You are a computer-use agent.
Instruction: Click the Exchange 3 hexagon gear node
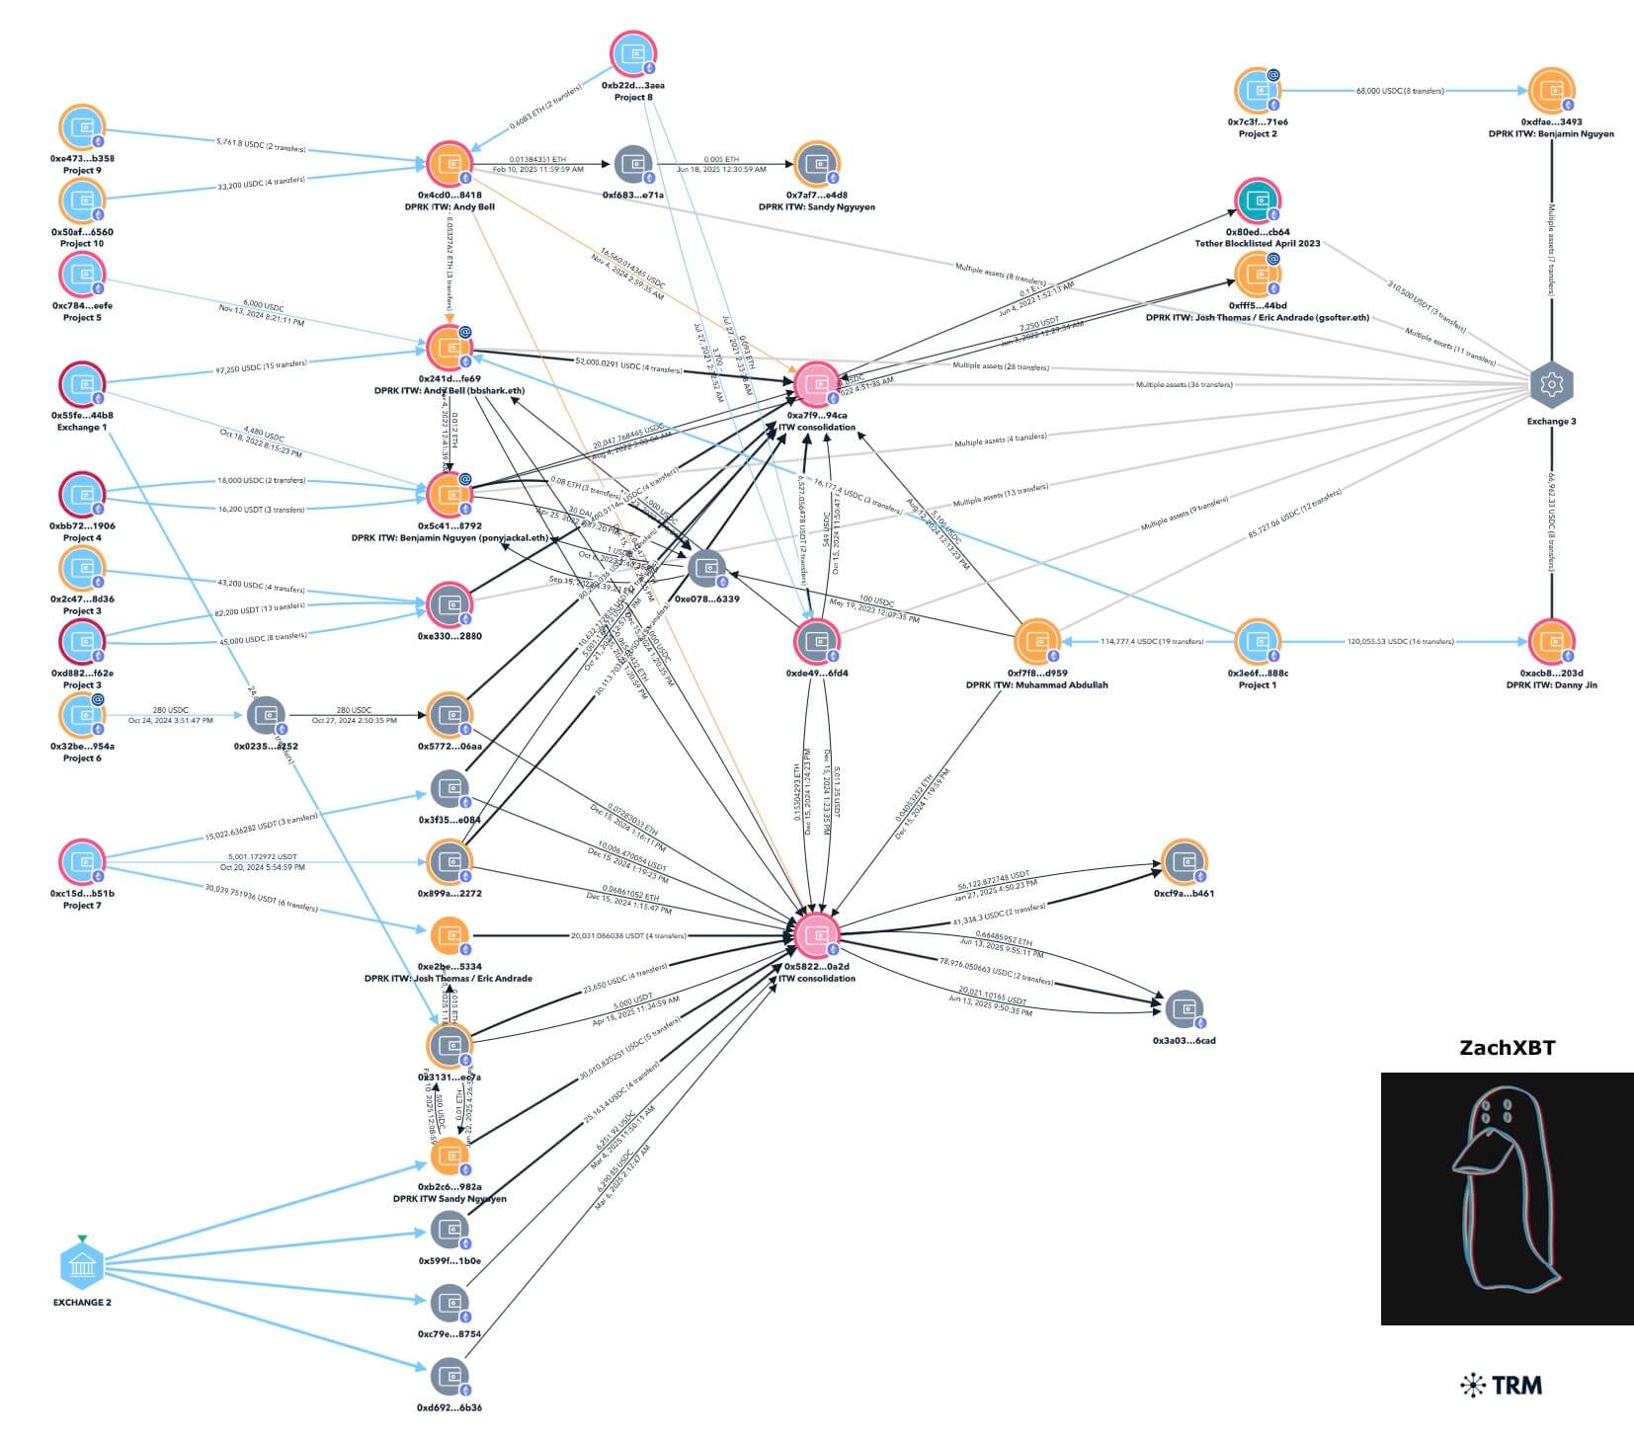point(1551,384)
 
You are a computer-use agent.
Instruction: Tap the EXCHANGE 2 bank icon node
point(82,1264)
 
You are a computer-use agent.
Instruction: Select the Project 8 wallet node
point(633,54)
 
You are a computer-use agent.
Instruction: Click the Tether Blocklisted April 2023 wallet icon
point(1258,202)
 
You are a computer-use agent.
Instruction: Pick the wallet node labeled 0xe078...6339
point(706,569)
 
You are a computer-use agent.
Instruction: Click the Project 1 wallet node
point(1258,642)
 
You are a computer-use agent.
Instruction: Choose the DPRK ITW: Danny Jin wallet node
point(1551,642)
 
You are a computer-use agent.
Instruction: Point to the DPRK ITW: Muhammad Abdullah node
point(1036,642)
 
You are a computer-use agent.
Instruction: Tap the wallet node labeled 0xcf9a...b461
point(1183,862)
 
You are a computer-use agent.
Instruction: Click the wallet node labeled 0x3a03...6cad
point(1184,1009)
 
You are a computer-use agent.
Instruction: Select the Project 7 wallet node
point(82,862)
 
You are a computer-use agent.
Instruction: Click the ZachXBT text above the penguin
point(1507,1048)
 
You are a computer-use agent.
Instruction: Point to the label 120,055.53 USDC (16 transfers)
point(1400,642)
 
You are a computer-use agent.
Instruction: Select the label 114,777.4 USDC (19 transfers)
point(1152,642)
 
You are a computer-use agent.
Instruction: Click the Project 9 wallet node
point(82,128)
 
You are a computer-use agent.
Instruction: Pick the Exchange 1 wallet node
point(82,385)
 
